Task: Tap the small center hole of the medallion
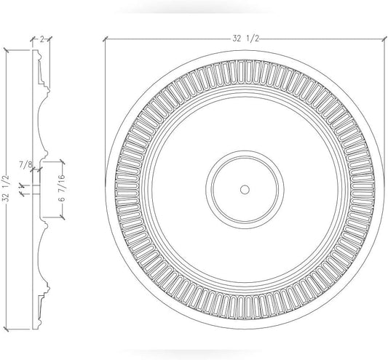coord(245,188)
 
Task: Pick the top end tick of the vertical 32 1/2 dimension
coord(6,50)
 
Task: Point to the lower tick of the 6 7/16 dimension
coord(63,216)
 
